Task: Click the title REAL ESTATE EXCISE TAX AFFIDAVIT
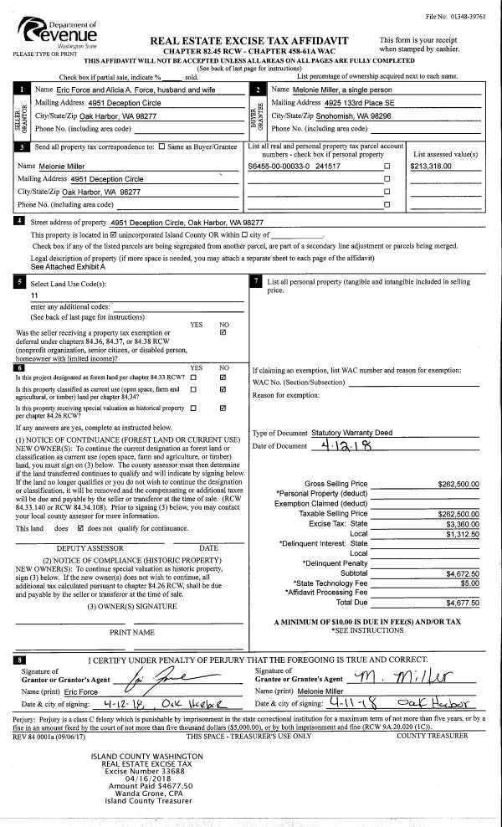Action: [x=248, y=41]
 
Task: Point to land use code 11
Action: [x=34, y=295]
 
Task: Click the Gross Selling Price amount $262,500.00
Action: [x=458, y=484]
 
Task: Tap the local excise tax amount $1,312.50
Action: [x=461, y=533]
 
